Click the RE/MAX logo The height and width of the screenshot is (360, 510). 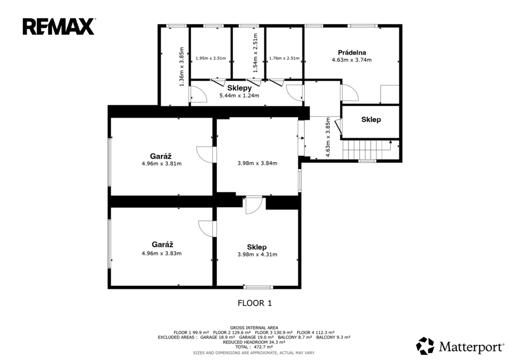(59, 26)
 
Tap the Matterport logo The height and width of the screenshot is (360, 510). (460, 346)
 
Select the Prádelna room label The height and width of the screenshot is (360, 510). (352, 52)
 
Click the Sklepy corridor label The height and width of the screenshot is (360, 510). (240, 88)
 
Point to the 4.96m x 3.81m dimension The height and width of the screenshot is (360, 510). (162, 164)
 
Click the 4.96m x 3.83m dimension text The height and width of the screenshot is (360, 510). (162, 253)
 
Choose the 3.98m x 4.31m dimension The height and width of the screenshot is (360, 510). (257, 254)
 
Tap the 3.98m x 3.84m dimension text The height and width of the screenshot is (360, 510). (257, 163)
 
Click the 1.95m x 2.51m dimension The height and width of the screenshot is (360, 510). (211, 58)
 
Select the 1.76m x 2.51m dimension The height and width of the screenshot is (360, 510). (284, 58)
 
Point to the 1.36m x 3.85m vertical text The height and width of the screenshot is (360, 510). (182, 67)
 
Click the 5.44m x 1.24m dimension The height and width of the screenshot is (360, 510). (240, 96)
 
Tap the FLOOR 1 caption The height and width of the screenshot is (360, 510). (255, 303)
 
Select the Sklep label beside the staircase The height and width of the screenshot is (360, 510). (371, 120)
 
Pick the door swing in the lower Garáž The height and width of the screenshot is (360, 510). (207, 229)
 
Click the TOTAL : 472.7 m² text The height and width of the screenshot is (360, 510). (254, 347)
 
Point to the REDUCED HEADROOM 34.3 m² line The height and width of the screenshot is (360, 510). (254, 342)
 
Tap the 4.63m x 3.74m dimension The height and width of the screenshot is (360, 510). (352, 60)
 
